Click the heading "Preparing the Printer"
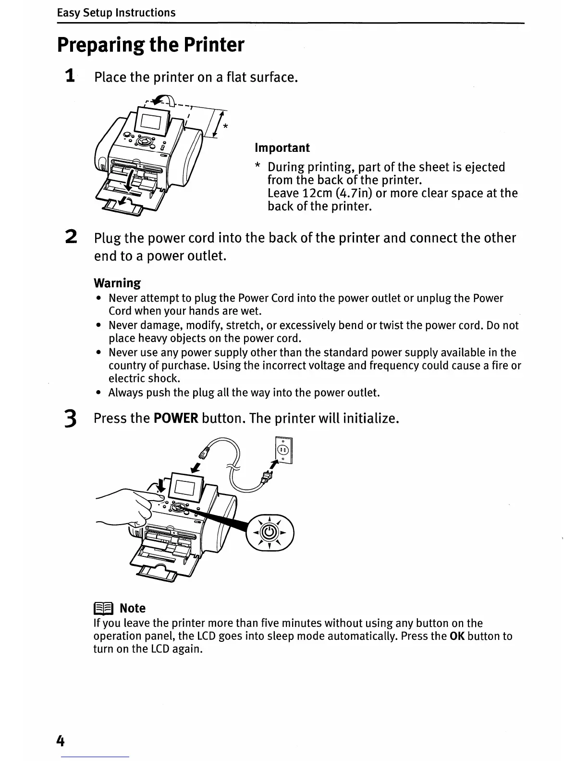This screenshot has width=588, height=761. pos(151,45)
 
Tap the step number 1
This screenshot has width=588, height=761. pos(70,76)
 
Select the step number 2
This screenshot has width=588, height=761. pos(71,237)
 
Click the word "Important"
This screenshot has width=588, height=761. pos(282,147)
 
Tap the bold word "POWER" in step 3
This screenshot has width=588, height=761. pos(176,418)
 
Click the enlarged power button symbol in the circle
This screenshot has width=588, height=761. pos(270,532)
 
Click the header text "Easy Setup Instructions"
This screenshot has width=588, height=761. pos(116,12)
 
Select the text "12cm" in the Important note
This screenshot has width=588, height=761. pos(317,193)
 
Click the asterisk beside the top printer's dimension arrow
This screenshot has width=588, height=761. pos(226,127)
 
